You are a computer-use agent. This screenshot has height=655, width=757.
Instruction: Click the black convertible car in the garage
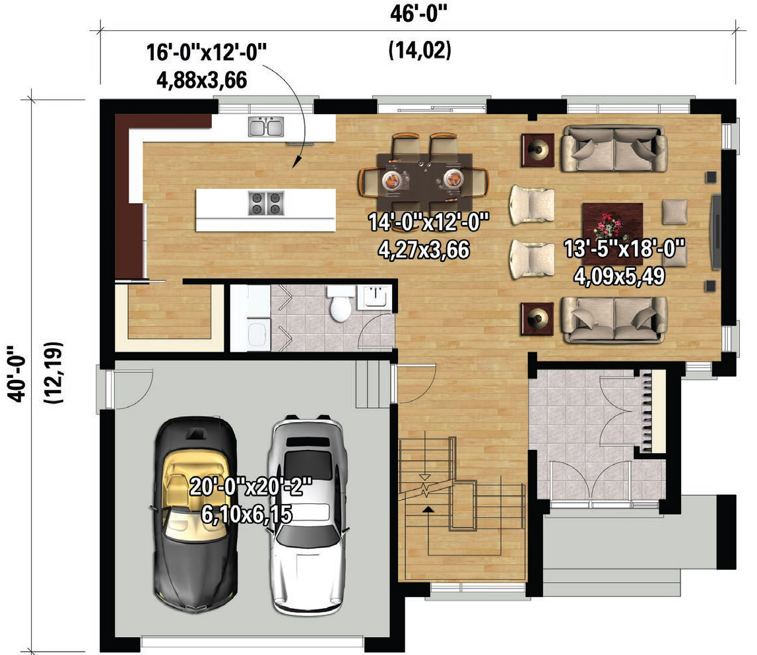click(x=195, y=515)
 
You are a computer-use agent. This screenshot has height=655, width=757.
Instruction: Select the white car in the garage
click(x=308, y=515)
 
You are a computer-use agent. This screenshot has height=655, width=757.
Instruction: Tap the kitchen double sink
click(x=266, y=127)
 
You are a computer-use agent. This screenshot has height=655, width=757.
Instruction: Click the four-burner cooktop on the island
click(x=266, y=203)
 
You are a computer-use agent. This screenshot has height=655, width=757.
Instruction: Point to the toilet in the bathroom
click(x=341, y=303)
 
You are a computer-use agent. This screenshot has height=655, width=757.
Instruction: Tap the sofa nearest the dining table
click(x=614, y=149)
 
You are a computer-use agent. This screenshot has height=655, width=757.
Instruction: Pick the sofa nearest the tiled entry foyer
click(x=614, y=319)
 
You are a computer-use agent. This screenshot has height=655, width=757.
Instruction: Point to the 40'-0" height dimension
click(x=18, y=373)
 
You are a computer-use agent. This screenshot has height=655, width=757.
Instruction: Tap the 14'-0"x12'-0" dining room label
click(x=429, y=222)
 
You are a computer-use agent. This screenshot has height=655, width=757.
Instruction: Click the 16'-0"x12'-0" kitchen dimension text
click(x=206, y=52)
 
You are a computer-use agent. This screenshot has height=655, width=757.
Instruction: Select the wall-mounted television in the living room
click(x=717, y=232)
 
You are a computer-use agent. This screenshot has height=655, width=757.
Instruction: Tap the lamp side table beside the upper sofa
click(x=537, y=150)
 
